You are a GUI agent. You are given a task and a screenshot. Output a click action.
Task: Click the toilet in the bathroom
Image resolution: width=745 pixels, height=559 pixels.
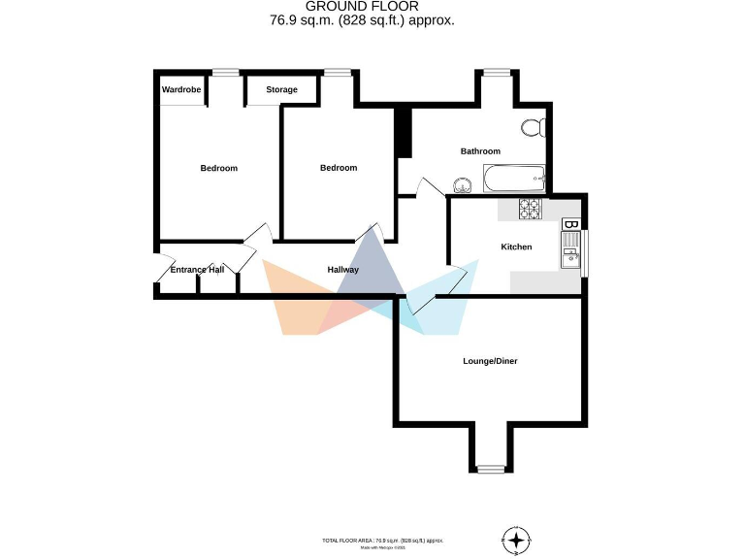pos(533,127)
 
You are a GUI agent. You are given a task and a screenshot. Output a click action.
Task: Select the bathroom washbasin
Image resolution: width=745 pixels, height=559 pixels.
pos(463,184)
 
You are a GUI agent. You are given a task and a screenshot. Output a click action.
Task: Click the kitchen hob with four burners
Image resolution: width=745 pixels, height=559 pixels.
pos(531,207)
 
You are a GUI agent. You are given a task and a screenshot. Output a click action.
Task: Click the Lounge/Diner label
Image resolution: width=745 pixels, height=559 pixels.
pos(490,361)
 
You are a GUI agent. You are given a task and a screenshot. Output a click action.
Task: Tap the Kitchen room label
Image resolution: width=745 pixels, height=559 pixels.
pos(516,247)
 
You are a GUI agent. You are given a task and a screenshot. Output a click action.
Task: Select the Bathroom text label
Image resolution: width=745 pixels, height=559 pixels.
pos(480,151)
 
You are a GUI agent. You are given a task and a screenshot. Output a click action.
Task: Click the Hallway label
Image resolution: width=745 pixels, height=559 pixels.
pos(343,270)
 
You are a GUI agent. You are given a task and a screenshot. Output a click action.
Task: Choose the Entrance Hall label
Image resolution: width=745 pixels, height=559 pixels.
pos(197,269)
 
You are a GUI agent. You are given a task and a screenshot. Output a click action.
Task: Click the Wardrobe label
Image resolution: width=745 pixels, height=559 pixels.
pos(181,90)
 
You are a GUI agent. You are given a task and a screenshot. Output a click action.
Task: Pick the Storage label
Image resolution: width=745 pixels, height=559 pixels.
pos(282,90)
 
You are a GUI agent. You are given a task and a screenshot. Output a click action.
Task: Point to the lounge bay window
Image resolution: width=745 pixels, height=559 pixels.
pos(491,469)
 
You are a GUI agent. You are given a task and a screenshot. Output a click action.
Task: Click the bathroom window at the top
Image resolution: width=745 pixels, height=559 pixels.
pos(497,72)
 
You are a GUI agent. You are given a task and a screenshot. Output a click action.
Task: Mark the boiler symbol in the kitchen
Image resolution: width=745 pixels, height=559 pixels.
pos(571,225)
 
